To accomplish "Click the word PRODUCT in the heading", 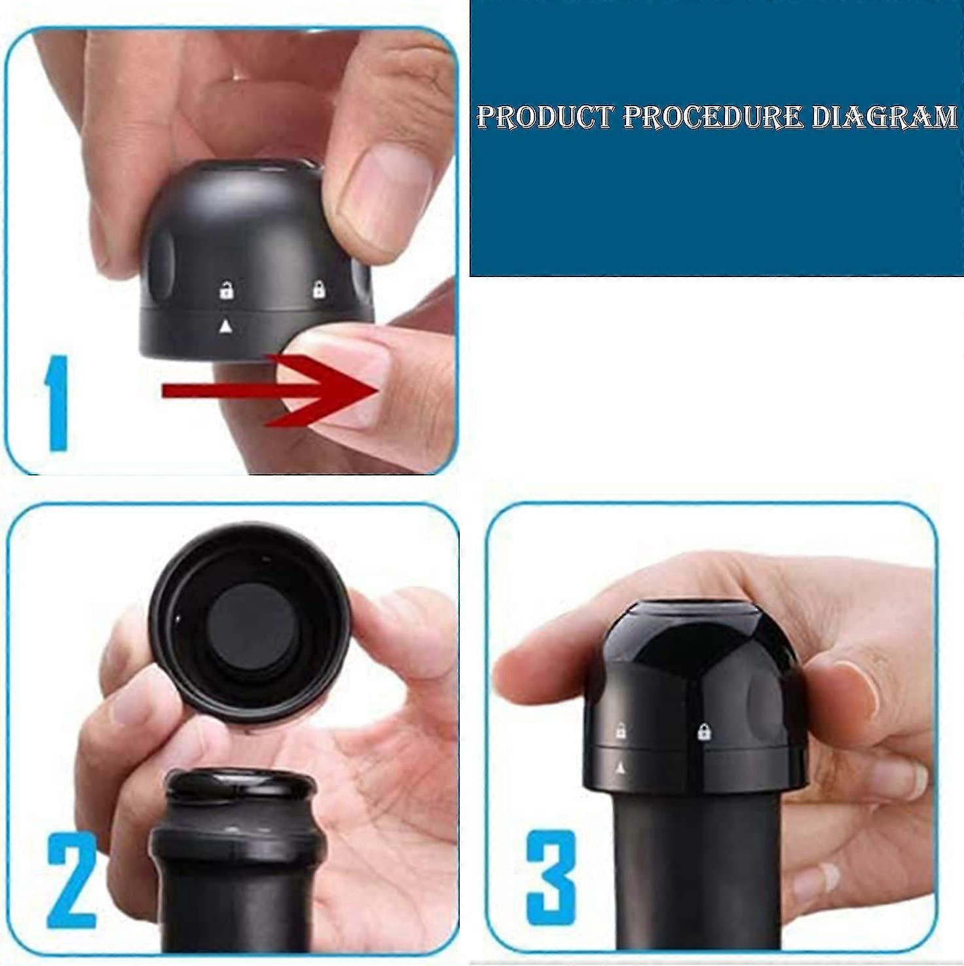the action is [x=546, y=117].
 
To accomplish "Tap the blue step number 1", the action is [x=56, y=403].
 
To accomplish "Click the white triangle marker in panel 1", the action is [x=225, y=325].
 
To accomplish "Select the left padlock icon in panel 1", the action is [x=227, y=289].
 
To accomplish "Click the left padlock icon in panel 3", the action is [x=620, y=731].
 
